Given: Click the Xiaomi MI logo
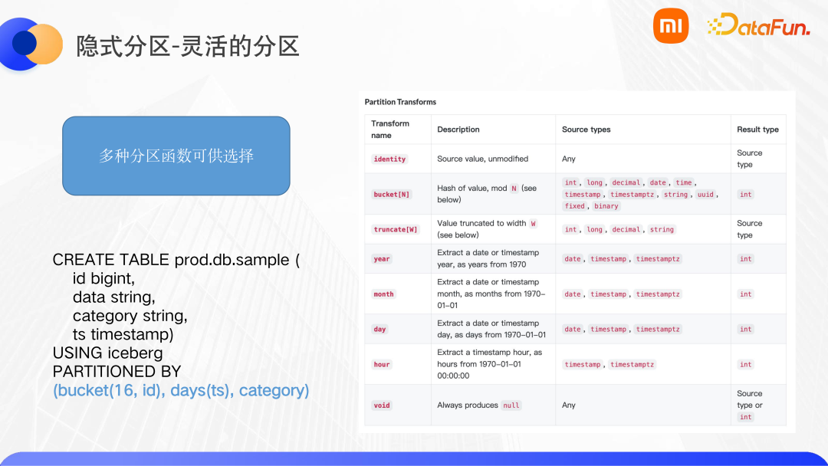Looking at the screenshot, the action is point(671,26).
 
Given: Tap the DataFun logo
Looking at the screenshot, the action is point(758,25).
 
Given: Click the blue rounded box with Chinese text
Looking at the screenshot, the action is point(176,156).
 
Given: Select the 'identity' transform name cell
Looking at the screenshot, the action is point(389,159).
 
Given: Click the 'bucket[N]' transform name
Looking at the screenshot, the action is point(391,194).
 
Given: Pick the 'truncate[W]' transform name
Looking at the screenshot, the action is point(396,230).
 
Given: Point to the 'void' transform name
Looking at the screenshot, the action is point(381,405).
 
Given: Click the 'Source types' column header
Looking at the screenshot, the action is point(586,130).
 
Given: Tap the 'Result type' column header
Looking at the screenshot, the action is point(757,130).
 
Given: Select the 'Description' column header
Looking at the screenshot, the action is point(458,130).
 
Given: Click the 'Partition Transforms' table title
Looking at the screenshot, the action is point(400,102).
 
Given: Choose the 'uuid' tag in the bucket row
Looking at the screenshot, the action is point(705,194).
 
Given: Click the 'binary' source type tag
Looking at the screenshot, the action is point(606,206).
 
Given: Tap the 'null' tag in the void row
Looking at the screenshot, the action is point(511,405).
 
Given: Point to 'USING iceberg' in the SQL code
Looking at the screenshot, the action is point(108,353).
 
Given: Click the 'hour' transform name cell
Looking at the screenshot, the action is point(381,364).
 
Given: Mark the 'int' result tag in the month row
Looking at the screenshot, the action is point(746,294).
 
